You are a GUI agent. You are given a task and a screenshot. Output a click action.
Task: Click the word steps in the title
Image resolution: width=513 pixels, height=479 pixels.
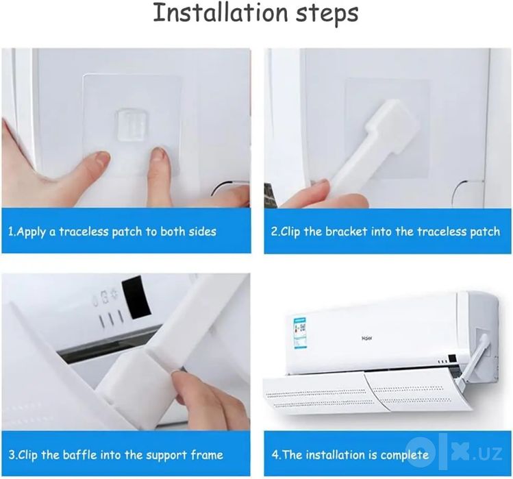pyautogui.click(x=327, y=15)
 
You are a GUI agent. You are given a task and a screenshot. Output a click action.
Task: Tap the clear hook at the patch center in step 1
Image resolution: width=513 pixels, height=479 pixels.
pyautogui.click(x=132, y=125)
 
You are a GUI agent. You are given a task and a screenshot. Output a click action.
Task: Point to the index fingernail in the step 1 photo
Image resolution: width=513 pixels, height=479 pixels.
pyautogui.click(x=160, y=153)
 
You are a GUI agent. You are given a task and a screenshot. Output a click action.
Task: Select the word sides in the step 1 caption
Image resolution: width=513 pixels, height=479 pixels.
pyautogui.click(x=203, y=232)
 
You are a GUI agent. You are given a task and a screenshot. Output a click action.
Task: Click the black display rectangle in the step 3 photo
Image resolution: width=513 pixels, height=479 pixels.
pyautogui.click(x=136, y=297)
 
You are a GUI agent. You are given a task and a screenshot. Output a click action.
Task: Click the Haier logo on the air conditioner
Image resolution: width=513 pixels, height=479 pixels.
pyautogui.click(x=366, y=338)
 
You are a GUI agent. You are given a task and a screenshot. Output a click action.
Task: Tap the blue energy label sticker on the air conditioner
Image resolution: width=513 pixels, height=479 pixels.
pyautogui.click(x=301, y=332)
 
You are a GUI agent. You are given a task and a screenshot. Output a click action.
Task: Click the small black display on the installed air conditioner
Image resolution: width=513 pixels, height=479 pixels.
pyautogui.click(x=453, y=358)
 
